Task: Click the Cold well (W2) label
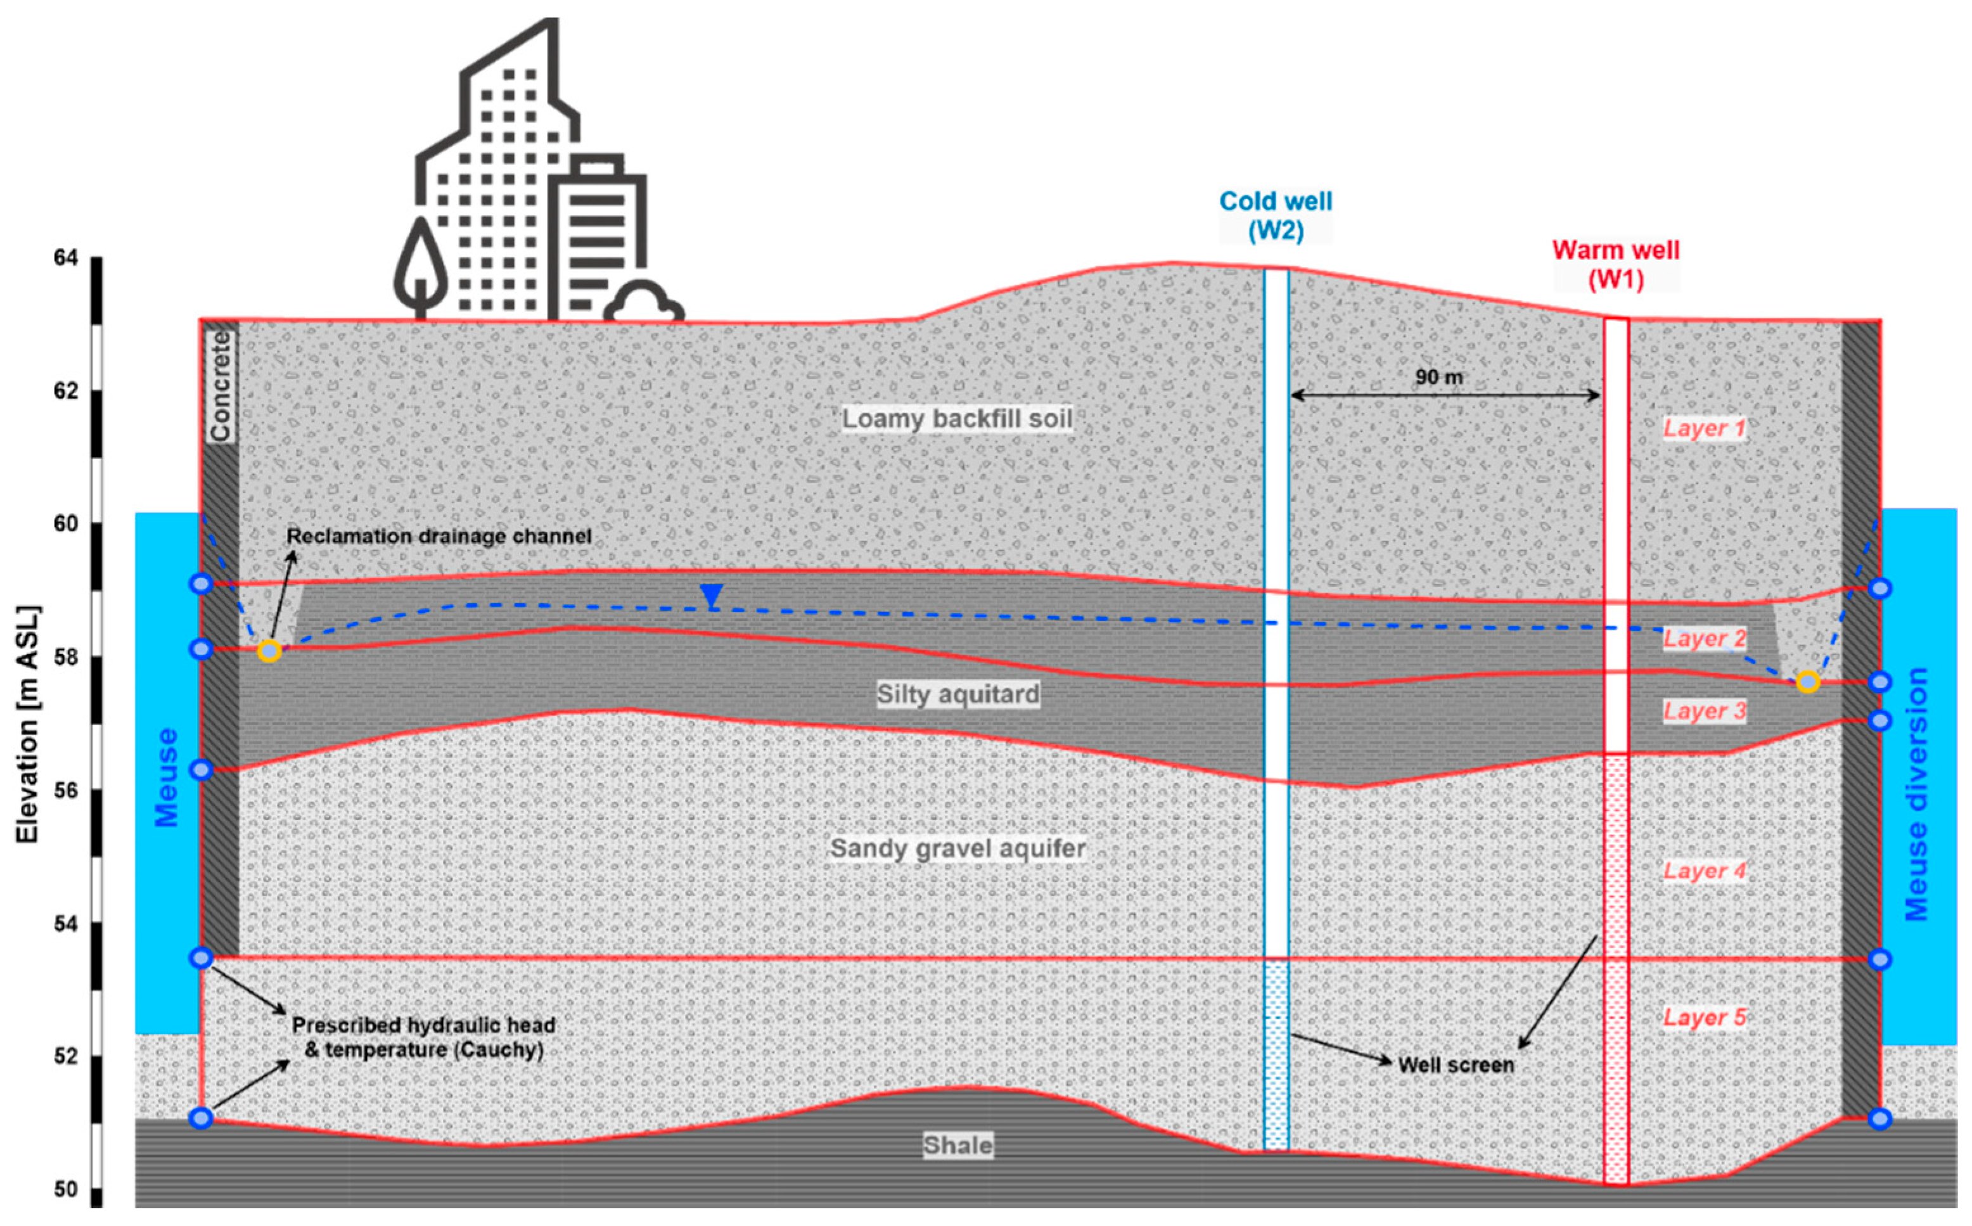[x=1276, y=215]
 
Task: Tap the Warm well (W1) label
[x=1615, y=264]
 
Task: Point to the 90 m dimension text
[x=1439, y=377]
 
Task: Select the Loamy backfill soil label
[x=957, y=419]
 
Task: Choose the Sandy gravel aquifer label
[x=957, y=849]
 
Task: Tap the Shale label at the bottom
[x=957, y=1146]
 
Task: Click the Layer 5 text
[x=1703, y=1018]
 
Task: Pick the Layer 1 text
[x=1703, y=429]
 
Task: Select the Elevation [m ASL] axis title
[x=28, y=724]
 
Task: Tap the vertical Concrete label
[x=221, y=388]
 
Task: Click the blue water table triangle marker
[x=711, y=595]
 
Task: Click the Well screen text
[x=1456, y=1064]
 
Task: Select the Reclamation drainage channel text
[x=439, y=537]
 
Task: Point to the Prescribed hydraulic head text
[x=423, y=1026]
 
